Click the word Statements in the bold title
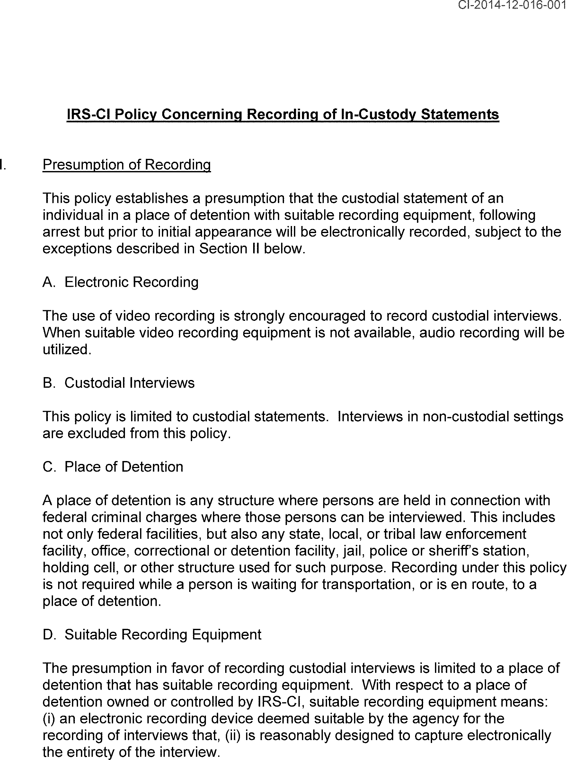pos(460,114)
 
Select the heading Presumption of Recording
pos(126,165)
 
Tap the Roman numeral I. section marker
pos(3,165)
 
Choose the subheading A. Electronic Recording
pos(120,282)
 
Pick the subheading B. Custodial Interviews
pos(119,383)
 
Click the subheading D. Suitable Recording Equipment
pos(152,635)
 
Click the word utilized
pos(66,349)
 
